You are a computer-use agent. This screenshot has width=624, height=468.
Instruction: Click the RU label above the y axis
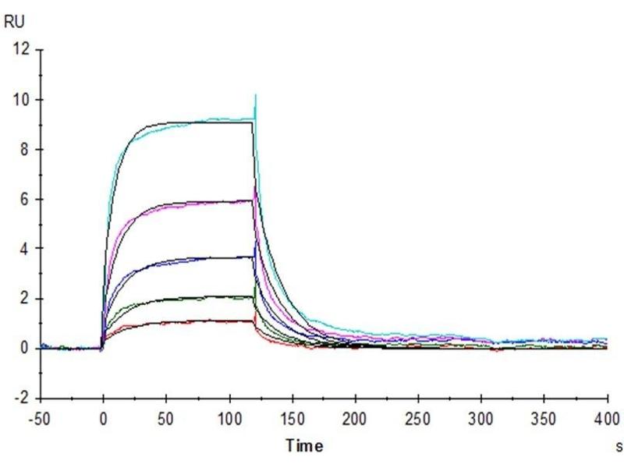(x=13, y=22)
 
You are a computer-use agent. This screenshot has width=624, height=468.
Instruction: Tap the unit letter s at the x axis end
(x=617, y=447)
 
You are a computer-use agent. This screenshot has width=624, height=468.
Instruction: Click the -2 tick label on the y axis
(x=23, y=398)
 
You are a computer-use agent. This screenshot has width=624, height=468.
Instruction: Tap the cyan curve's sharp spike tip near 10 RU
(x=255, y=95)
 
